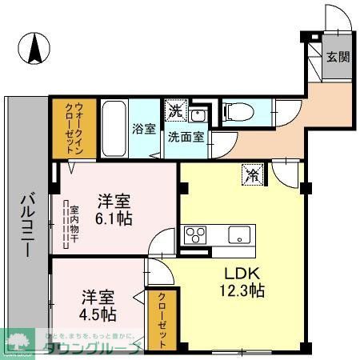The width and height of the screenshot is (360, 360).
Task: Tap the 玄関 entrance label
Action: (337, 57)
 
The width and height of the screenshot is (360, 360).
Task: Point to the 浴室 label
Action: (144, 128)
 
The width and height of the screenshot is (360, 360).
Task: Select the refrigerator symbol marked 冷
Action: (252, 172)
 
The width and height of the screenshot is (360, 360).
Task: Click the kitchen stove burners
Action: (195, 234)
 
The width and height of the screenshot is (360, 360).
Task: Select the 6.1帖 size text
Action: (115, 218)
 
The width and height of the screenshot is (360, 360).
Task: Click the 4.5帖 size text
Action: (96, 314)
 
